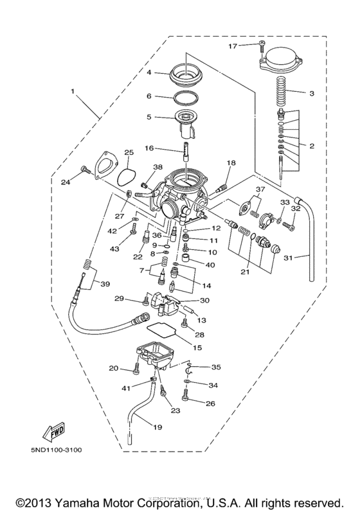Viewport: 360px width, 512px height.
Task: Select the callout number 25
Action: coord(129,152)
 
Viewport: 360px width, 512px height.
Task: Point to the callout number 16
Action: coord(149,148)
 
